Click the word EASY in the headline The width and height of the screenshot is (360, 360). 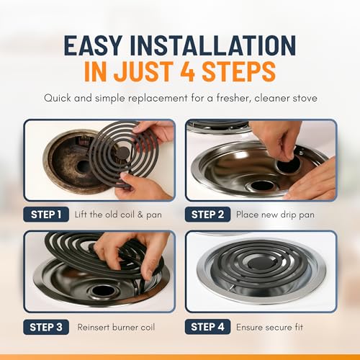click(94, 45)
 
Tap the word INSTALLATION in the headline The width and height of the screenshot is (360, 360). click(213, 45)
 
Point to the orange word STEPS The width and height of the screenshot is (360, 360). click(239, 71)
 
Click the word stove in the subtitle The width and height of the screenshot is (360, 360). click(305, 98)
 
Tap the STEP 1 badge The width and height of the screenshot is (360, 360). click(46, 215)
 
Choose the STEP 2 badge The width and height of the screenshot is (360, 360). click(207, 215)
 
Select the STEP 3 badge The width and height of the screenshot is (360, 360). click(46, 327)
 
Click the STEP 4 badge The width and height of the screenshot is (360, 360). click(207, 327)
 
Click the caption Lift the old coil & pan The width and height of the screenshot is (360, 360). click(118, 215)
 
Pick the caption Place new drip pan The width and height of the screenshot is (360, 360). click(275, 215)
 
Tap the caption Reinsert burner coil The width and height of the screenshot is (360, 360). click(116, 327)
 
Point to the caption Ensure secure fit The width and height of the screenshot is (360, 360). click(269, 327)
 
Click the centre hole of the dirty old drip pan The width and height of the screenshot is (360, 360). click(84, 166)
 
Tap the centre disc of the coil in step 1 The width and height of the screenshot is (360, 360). click(122, 153)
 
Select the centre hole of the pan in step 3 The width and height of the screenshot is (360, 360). click(104, 291)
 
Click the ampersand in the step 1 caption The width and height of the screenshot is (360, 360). click(140, 215)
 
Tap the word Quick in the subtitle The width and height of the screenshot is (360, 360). click(58, 98)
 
